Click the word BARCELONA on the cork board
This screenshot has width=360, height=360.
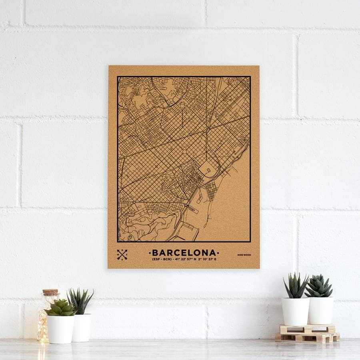pos(184,253)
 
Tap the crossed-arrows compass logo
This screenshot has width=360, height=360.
pos(122,254)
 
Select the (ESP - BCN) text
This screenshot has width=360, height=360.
pos(162,260)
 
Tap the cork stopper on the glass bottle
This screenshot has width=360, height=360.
pos(51,293)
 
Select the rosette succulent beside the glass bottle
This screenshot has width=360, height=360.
pos(60,308)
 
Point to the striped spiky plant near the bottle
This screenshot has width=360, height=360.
pos(80,301)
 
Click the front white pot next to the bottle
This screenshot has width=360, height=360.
pos(60,329)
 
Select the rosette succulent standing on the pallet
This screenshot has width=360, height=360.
pos(319,286)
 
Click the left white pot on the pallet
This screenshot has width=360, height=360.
pos(295,311)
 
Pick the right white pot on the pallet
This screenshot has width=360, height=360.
pos(320,310)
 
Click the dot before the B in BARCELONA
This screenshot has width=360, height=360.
pos(150,253)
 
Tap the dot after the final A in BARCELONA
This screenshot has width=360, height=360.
pos(218,253)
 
